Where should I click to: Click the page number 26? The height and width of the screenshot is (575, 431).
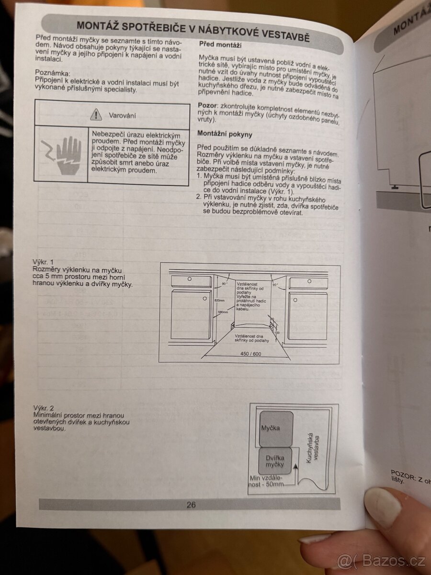[x=191, y=505]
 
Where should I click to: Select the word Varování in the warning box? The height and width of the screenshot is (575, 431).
[x=123, y=115]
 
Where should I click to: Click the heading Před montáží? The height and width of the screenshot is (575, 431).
[x=219, y=45]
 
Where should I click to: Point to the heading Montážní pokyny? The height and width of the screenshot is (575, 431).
[x=225, y=135]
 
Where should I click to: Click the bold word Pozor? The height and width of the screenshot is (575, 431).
[x=207, y=105]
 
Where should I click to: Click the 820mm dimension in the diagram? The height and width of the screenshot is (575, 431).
[x=219, y=300]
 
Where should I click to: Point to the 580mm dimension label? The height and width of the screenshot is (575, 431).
[x=223, y=312]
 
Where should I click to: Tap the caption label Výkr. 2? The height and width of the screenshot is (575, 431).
[x=43, y=408]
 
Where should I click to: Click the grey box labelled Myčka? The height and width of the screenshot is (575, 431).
[x=270, y=427]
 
